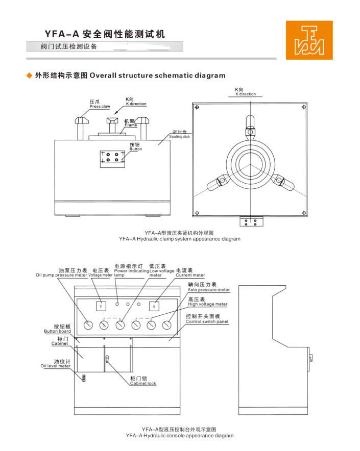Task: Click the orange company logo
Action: pos(309,40)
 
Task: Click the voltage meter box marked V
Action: pos(101,306)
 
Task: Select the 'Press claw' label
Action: pos(100,105)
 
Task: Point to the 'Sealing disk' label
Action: pos(179,135)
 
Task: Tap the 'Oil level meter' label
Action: pos(56,363)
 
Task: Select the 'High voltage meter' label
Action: pos(207,302)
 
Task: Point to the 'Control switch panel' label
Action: pos(207,319)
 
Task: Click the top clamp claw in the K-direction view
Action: pos(250,124)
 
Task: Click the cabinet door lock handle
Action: pos(107,360)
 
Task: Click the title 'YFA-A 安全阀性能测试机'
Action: pos(105,34)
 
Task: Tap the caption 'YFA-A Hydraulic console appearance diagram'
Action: pos(179,436)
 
